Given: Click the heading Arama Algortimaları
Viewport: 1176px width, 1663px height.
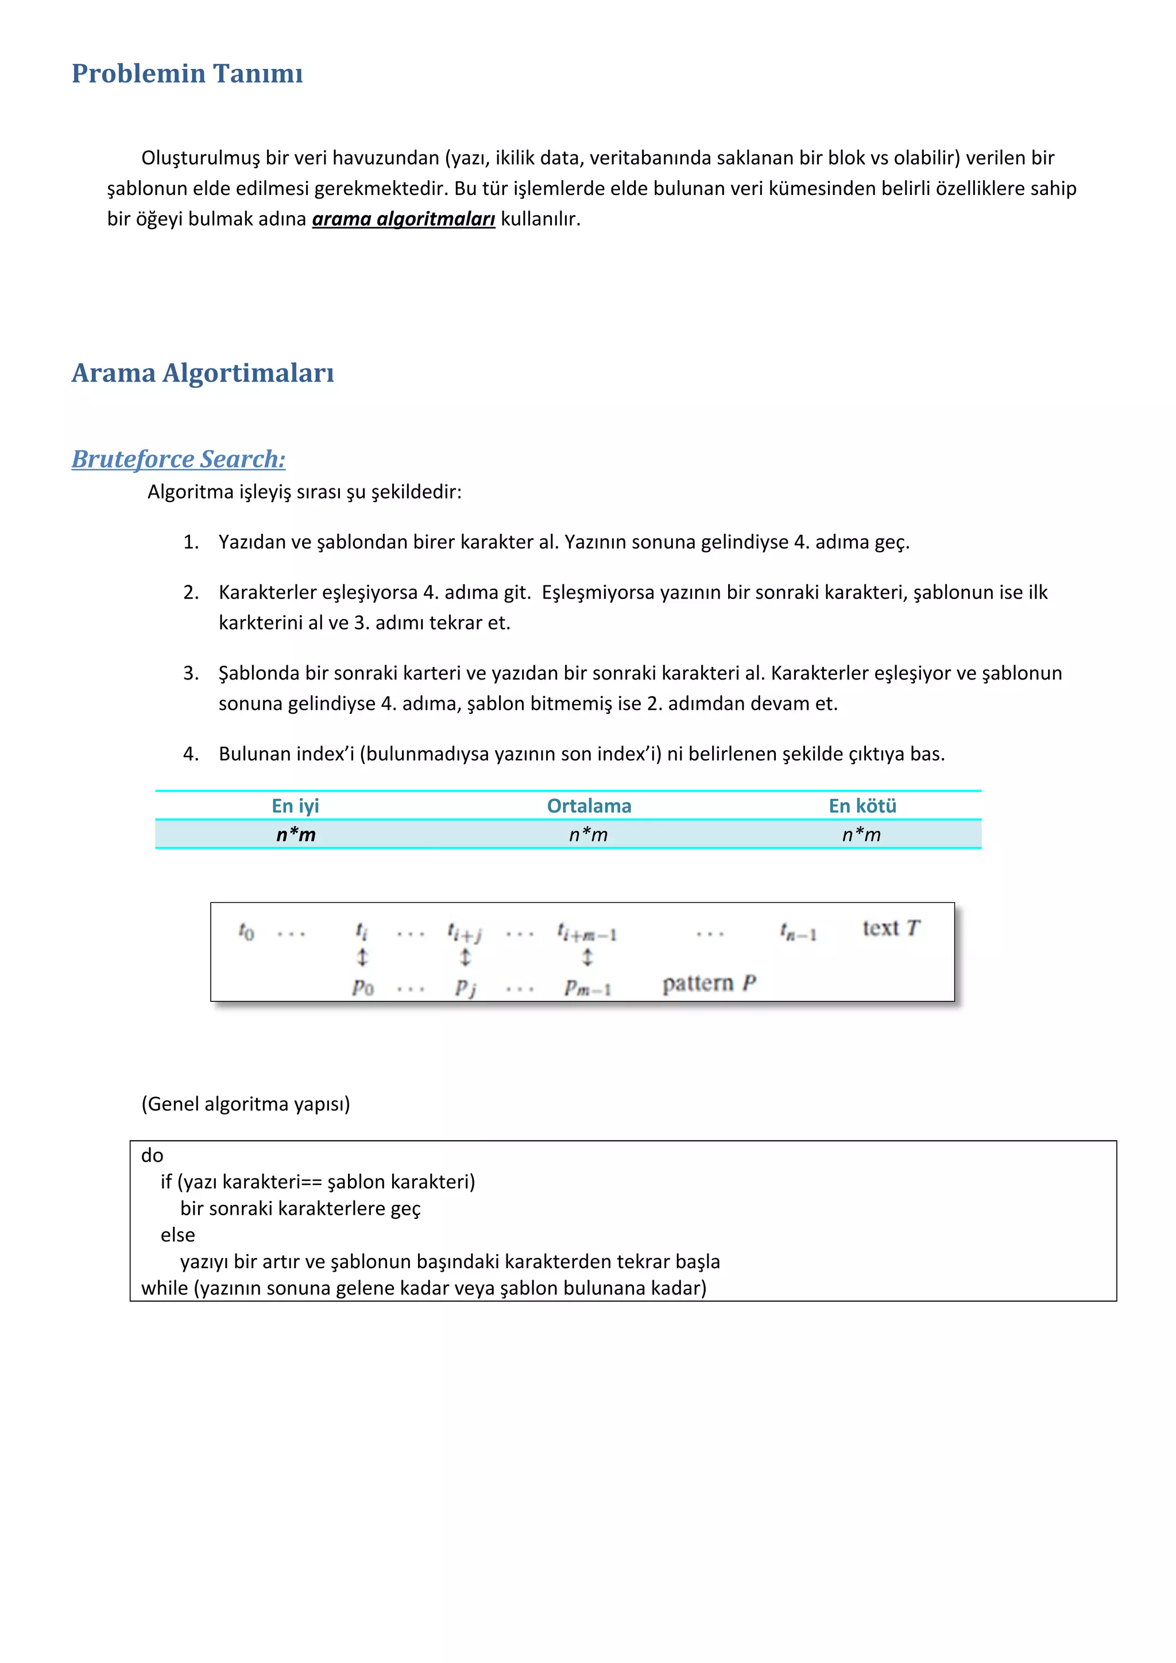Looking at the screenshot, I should coord(202,373).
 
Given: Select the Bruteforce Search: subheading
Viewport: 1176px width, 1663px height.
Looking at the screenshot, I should coord(178,459).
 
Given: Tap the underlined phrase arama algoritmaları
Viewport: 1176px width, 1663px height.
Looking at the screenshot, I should coord(404,219).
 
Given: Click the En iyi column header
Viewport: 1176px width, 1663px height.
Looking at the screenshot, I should coord(295,806).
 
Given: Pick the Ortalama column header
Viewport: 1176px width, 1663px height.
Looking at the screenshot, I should coord(589,806).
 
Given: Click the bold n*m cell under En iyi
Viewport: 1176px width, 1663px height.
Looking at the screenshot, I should coord(296,834).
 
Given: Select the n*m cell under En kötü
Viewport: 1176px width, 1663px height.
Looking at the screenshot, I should coord(861,834).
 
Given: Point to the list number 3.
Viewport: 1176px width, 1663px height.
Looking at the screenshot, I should coord(190,673).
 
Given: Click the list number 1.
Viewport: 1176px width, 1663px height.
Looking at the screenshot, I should coord(190,542).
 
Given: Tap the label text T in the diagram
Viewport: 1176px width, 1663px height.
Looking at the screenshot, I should coord(891,928).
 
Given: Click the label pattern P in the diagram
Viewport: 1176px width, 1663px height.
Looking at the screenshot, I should coord(709,984).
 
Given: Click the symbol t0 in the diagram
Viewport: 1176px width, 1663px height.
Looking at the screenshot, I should coord(246,931).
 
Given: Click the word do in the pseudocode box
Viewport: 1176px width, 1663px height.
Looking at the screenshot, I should coord(152,1156).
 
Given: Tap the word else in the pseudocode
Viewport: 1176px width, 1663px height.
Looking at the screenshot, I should coord(177,1235).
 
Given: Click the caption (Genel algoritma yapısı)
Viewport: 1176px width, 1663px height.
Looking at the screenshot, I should coord(246,1104).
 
